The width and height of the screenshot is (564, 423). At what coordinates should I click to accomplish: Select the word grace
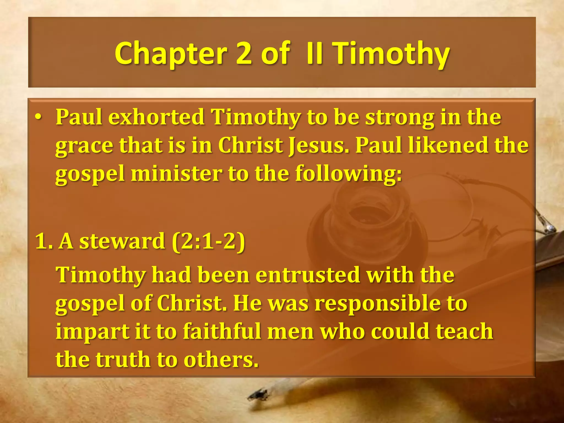pyautogui.click(x=84, y=146)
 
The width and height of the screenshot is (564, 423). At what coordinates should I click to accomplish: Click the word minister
pyautogui.click(x=176, y=174)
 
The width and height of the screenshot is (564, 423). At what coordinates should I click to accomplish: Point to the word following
pyautogui.click(x=348, y=174)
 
